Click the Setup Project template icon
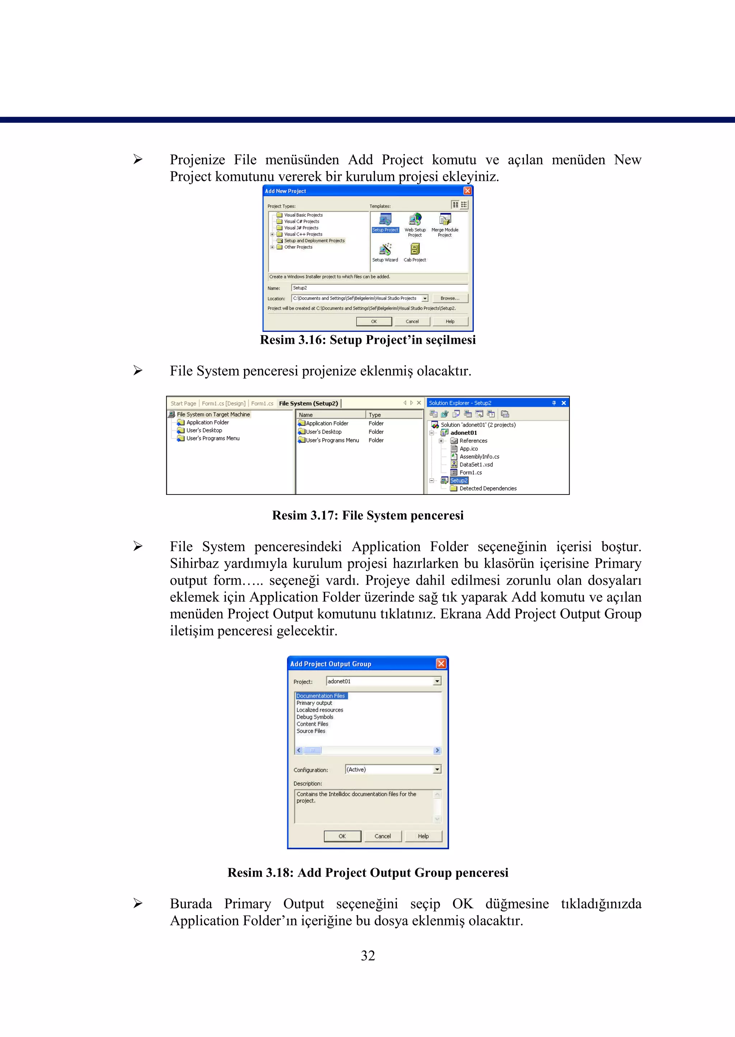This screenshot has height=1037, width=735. pos(385,220)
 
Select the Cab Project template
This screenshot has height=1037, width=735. pos(415,250)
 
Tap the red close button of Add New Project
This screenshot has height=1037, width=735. pos(468,191)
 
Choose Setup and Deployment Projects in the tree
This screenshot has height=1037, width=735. pos(314,241)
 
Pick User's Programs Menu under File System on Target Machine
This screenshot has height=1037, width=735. pos(213,438)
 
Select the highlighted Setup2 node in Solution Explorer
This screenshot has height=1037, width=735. pos(458,480)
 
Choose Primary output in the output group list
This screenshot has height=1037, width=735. pos(314,703)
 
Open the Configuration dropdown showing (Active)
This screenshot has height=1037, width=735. pos(437,770)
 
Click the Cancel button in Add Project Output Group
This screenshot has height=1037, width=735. pos(383,836)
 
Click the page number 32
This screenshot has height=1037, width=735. pos(367,956)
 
